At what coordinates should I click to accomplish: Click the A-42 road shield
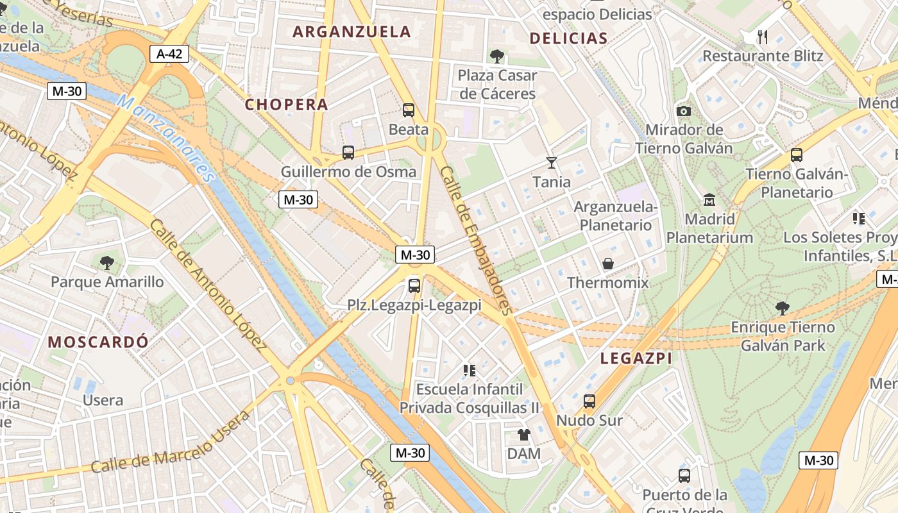pos(170,54)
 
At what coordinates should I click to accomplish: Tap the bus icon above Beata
pos(409,110)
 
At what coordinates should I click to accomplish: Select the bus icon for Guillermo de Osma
pos(348,153)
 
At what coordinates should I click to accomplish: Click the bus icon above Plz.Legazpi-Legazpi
pos(414,286)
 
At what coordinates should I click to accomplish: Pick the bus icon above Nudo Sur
pos(589,401)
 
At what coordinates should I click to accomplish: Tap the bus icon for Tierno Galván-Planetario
pos(797,155)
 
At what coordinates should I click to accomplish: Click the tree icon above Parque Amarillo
pos(107,262)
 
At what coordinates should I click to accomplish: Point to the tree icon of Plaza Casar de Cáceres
pos(496,56)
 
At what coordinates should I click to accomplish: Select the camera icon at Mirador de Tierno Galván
pos(684,111)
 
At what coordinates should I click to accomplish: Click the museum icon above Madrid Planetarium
pos(709,200)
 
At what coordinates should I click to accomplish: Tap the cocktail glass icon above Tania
pos(551,163)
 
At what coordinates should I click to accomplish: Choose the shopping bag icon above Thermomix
pos(607,264)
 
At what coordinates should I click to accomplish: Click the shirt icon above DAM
pos(524,435)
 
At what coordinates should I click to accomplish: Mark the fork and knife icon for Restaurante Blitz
pos(762,37)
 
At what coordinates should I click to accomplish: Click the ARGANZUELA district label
pos(352,31)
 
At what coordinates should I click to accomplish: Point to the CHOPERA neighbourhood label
pos(286,105)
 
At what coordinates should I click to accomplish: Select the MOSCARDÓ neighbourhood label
pos(98,342)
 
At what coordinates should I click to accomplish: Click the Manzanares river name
pos(165,138)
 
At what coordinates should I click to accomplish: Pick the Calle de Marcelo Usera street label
pos(170,442)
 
